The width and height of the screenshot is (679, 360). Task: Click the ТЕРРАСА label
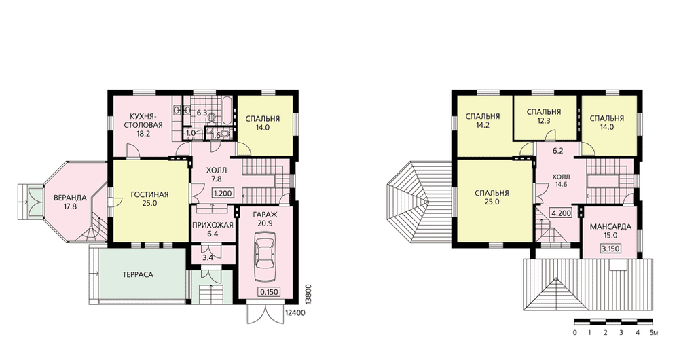click(138, 274)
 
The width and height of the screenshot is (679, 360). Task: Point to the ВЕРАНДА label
click(70, 198)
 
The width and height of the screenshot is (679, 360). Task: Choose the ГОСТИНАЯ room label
click(149, 194)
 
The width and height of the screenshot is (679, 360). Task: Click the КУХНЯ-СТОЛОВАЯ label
click(143, 121)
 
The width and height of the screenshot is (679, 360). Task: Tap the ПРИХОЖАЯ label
click(213, 226)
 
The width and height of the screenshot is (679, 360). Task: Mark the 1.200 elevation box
click(223, 194)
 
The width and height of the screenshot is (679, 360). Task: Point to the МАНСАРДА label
click(610, 227)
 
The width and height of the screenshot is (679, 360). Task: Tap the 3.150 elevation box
click(610, 249)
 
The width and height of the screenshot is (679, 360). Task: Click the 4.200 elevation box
click(562, 213)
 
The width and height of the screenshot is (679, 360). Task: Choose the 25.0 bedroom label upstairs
click(492, 202)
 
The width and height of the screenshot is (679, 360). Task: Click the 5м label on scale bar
click(655, 333)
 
